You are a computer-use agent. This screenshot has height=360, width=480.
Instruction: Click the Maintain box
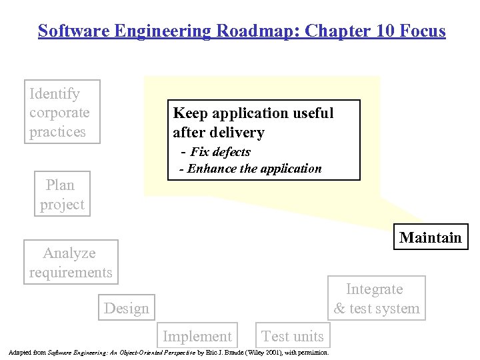tap(431, 237)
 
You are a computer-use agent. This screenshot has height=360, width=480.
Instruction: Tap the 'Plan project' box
tap(62, 195)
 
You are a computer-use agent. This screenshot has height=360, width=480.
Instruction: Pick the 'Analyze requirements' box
tap(71, 262)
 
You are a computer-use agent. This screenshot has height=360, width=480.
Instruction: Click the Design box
tap(127, 308)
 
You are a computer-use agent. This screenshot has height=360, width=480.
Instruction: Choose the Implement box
tap(197, 337)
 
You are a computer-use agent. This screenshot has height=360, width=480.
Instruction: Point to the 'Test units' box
tap(293, 337)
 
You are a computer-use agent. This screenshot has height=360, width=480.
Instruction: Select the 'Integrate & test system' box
tap(377, 298)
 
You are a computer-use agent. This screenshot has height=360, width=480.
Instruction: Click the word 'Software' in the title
tap(69, 31)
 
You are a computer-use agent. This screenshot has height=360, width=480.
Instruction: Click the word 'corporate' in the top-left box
tap(59, 113)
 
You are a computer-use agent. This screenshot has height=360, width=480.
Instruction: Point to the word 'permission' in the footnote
tap(312, 352)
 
